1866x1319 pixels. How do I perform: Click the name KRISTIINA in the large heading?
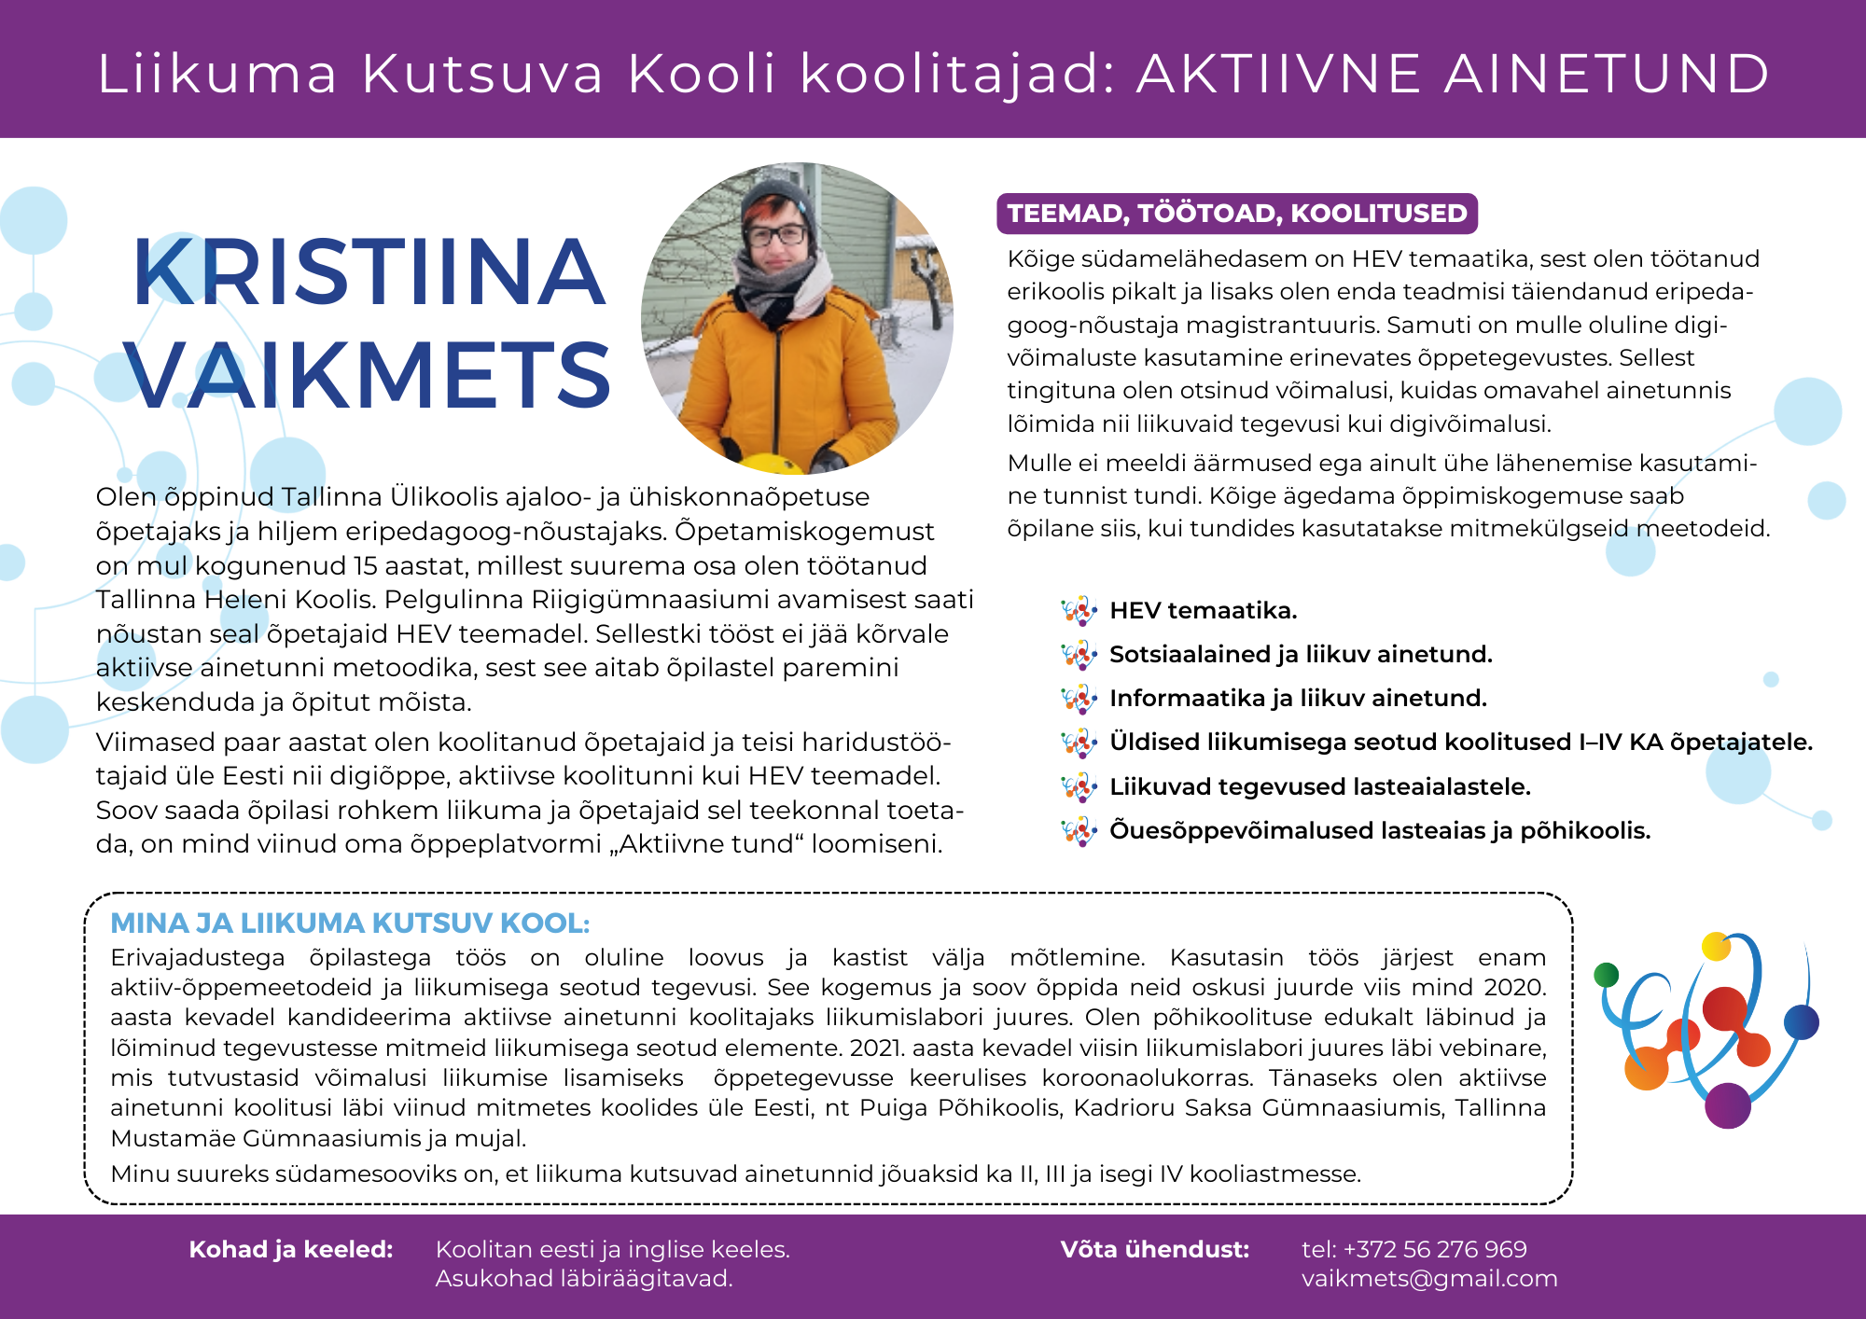tap(369, 272)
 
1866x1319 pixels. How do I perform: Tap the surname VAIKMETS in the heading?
tap(369, 375)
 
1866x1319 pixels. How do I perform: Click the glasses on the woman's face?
tap(776, 234)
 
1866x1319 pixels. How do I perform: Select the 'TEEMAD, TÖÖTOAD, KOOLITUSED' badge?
tap(1237, 214)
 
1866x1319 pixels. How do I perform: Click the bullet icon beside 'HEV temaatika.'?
tap(1079, 611)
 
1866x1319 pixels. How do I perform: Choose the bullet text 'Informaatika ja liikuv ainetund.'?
tap(1298, 699)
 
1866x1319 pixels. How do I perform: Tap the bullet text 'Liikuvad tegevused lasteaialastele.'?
tap(1320, 787)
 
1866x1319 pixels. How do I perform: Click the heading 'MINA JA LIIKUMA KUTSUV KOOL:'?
tap(350, 923)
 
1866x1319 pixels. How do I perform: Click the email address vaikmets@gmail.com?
tap(1429, 1279)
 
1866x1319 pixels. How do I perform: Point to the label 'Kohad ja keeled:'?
tap(291, 1250)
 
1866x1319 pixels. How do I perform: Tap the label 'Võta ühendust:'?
tap(1155, 1250)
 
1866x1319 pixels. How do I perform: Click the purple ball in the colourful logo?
tap(1727, 1105)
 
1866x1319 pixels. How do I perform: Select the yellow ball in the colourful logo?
tap(1715, 946)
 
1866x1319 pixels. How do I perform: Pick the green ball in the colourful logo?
tap(1607, 975)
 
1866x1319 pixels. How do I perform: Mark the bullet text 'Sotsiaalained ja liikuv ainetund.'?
tap(1301, 655)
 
